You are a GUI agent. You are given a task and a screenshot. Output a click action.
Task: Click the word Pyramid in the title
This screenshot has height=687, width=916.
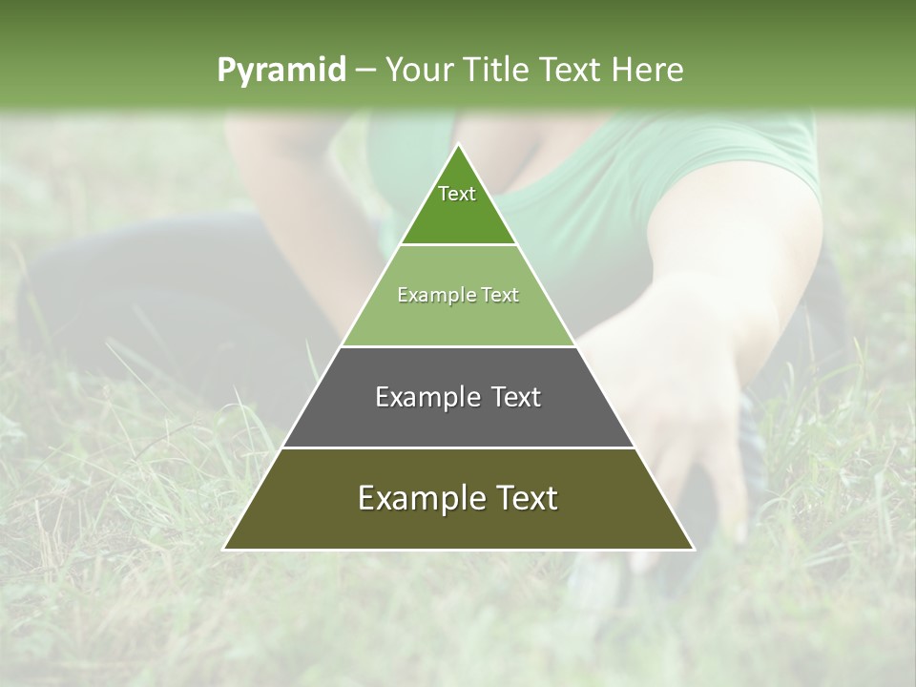click(x=281, y=71)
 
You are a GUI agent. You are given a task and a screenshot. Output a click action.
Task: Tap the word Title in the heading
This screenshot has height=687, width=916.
click(x=502, y=70)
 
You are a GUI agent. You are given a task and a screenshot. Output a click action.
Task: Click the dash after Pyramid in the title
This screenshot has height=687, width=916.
click(x=364, y=71)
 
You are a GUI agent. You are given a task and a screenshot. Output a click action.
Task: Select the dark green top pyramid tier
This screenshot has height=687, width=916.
click(x=458, y=215)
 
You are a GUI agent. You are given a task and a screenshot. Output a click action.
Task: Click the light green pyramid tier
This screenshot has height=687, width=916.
click(x=458, y=320)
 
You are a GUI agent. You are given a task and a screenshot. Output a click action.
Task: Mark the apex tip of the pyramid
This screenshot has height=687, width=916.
click(x=458, y=145)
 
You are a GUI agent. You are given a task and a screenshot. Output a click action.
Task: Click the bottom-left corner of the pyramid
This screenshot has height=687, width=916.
click(x=224, y=549)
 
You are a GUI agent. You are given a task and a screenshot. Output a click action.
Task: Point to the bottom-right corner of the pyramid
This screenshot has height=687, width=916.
click(x=693, y=549)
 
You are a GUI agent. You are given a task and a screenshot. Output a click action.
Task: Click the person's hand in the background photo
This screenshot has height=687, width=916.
click(x=687, y=401)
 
